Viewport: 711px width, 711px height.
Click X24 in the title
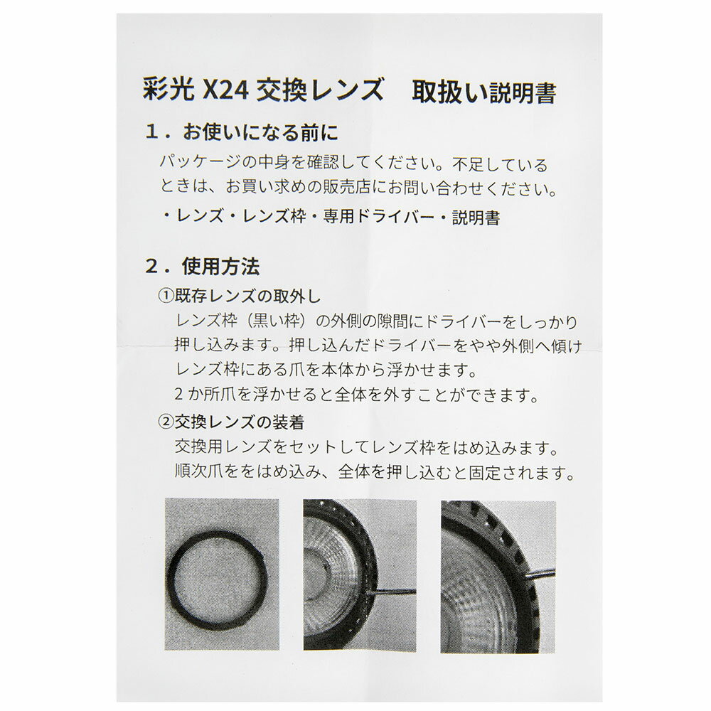pyautogui.click(x=225, y=91)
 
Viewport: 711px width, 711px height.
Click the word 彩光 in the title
pyautogui.click(x=169, y=91)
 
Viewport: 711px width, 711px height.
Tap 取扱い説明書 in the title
pyautogui.click(x=483, y=92)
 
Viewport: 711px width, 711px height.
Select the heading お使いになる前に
pyautogui.click(x=260, y=132)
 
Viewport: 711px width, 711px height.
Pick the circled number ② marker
pyautogui.click(x=166, y=422)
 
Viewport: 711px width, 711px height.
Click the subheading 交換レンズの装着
pyautogui.click(x=240, y=422)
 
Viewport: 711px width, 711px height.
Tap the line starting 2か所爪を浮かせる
pyautogui.click(x=356, y=395)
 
